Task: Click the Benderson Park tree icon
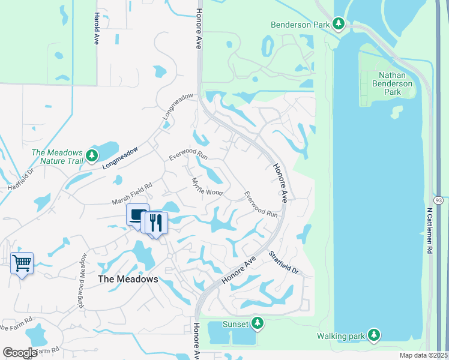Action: click(x=339, y=24)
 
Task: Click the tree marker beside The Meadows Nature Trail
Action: click(x=91, y=156)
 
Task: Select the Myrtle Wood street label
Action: click(x=207, y=186)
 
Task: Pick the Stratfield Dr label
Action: click(x=283, y=262)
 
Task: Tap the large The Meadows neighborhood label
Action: click(x=128, y=280)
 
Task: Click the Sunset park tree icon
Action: click(x=258, y=323)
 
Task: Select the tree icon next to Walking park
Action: click(x=374, y=334)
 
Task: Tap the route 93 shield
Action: click(x=439, y=199)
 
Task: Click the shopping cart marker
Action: click(x=22, y=263)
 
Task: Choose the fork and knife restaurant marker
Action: click(x=156, y=223)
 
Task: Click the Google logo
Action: click(x=19, y=353)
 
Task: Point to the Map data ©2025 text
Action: click(x=423, y=355)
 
